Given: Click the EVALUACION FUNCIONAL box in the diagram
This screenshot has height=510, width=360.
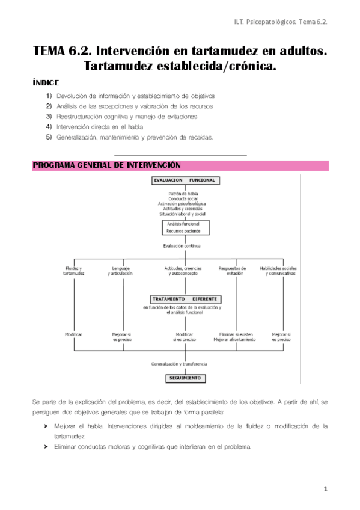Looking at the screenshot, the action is [184, 180].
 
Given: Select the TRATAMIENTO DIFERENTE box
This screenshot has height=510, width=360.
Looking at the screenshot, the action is [186, 299].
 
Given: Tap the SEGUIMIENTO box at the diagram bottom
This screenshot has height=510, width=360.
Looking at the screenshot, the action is [186, 378].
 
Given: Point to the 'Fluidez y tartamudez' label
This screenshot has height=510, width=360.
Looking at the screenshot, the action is [73, 271].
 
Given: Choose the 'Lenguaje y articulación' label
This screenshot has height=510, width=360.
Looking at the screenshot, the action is [121, 271].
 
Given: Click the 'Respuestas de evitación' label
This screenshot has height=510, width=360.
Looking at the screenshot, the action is [233, 271].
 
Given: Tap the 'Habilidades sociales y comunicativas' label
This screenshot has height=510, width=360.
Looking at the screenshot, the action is [278, 271].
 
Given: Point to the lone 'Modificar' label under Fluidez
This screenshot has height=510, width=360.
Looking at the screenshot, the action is [73, 334].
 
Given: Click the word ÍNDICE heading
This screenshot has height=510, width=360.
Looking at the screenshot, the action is [46, 82].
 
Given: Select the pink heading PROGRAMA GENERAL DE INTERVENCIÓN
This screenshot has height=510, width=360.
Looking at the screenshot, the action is [106, 165].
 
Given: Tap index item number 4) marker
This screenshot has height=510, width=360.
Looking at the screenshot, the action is [49, 127].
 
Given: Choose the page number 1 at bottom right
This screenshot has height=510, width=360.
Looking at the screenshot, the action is [325, 490].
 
